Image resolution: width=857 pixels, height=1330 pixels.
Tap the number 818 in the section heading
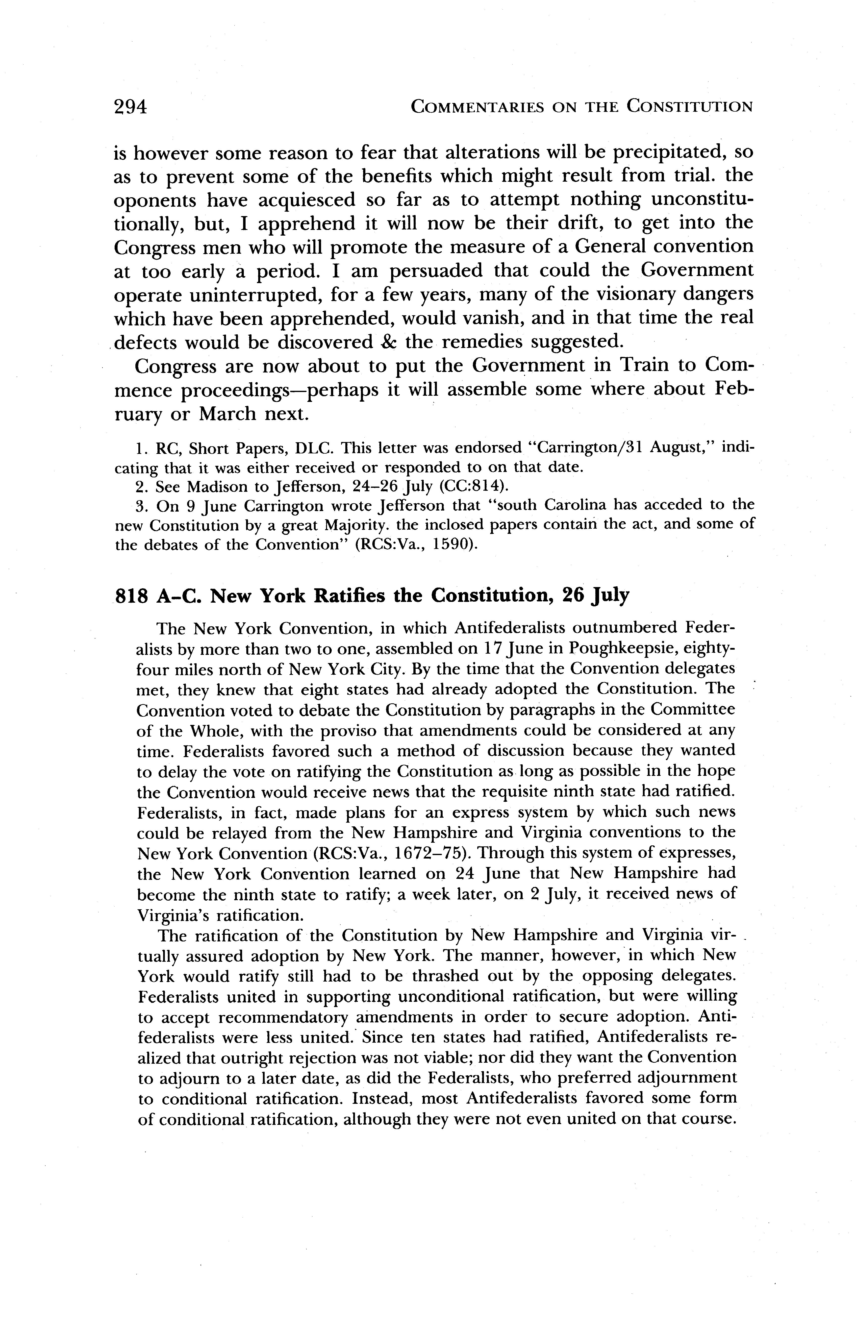(x=131, y=596)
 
